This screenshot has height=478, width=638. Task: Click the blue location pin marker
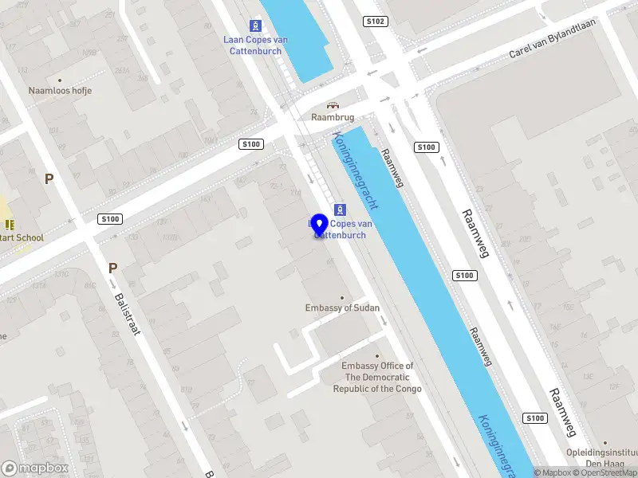[x=320, y=225]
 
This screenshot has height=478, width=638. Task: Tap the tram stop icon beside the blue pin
[x=340, y=210]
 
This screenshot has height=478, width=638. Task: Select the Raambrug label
[x=333, y=117]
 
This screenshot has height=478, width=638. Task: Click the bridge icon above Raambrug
[x=333, y=105]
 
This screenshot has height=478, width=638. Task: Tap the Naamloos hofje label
[x=60, y=91]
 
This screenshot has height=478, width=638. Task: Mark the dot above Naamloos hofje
[x=60, y=80]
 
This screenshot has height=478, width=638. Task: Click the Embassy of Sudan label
[x=342, y=308]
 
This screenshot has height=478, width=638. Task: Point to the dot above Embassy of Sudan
[x=342, y=297]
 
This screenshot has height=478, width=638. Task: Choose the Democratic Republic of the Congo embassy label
[x=377, y=378]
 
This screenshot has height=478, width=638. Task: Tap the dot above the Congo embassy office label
[x=377, y=356]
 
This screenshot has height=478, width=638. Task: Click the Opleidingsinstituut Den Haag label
[x=603, y=458]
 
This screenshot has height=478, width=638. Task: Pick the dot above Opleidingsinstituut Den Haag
[x=605, y=443]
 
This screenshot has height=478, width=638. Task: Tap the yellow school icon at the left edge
[x=10, y=225]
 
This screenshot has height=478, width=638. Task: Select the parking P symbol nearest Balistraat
[x=112, y=268]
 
